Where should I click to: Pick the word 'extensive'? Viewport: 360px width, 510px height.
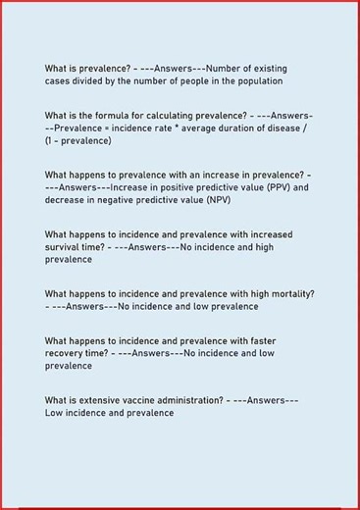94,400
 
